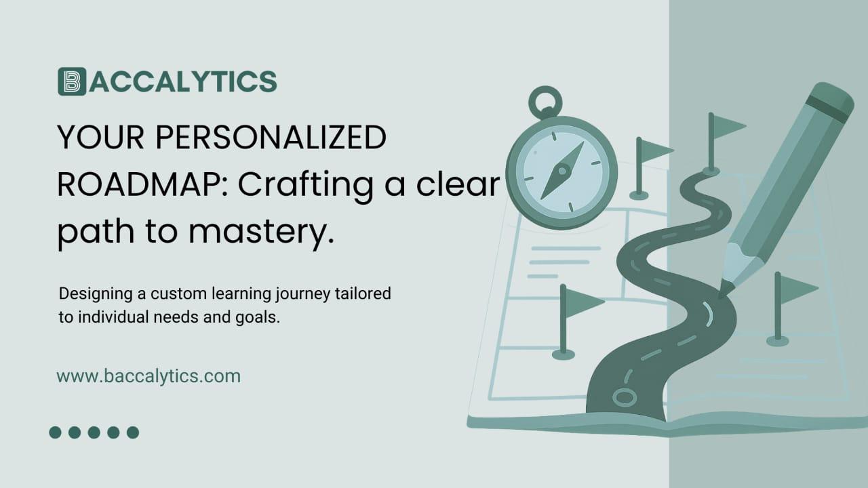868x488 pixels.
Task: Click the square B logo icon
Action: click(72, 81)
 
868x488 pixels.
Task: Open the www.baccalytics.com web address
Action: click(149, 376)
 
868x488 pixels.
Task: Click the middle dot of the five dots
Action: click(94, 432)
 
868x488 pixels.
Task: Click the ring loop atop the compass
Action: click(545, 102)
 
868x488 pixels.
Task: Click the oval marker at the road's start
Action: click(622, 396)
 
